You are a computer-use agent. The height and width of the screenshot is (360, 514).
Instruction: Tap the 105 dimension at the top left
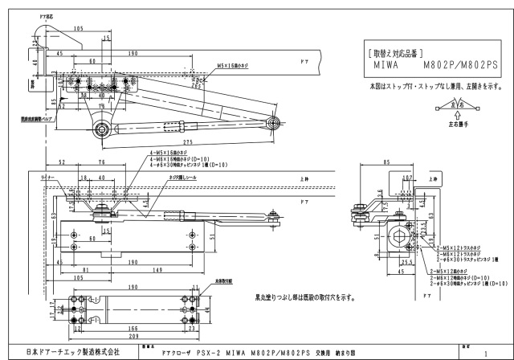pos(78,29)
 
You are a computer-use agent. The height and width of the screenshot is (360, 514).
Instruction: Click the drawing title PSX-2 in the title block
pos(187,352)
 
